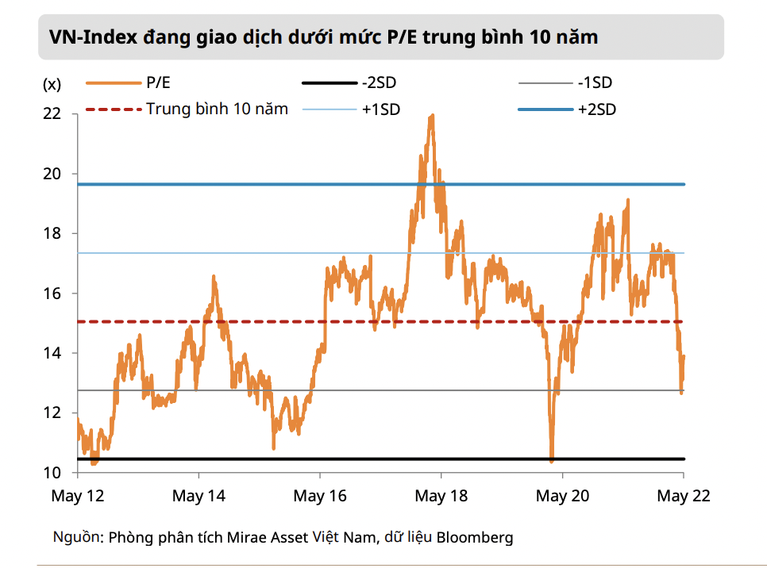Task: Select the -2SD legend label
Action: click(378, 83)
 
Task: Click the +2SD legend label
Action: click(597, 109)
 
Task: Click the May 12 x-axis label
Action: click(78, 497)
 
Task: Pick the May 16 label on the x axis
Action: click(320, 497)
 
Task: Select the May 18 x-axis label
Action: click(441, 497)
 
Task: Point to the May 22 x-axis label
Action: click(684, 497)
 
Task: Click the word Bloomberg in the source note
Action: click(474, 538)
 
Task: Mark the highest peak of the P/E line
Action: click(432, 116)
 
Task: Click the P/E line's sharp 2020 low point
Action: click(552, 459)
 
